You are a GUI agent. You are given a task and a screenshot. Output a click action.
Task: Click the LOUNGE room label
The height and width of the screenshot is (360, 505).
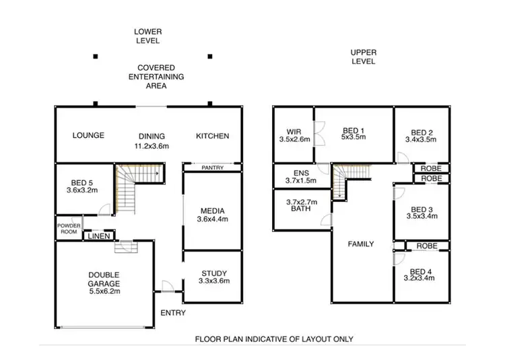point(88,135)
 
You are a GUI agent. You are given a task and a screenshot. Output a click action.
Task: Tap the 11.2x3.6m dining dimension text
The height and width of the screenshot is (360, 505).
point(151,145)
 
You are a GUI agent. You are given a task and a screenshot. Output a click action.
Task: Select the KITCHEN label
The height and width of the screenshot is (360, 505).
point(212,136)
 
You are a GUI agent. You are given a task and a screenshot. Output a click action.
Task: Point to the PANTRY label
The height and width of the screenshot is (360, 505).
point(212,166)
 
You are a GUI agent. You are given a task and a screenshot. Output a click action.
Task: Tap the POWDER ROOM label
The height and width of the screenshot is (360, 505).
point(68,228)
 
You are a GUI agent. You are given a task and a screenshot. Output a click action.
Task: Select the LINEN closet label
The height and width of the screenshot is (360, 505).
point(98,236)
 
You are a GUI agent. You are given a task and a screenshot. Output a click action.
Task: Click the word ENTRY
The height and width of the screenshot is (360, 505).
point(173,313)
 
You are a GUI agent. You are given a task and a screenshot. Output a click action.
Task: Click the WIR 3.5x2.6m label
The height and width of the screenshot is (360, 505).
point(294,135)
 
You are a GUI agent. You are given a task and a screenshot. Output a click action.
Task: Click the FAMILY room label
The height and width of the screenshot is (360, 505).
point(360,244)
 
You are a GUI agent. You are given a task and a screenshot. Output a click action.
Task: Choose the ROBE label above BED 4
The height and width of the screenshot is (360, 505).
point(426,246)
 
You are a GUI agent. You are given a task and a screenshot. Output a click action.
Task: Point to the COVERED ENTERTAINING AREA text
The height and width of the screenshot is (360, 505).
point(156,77)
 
